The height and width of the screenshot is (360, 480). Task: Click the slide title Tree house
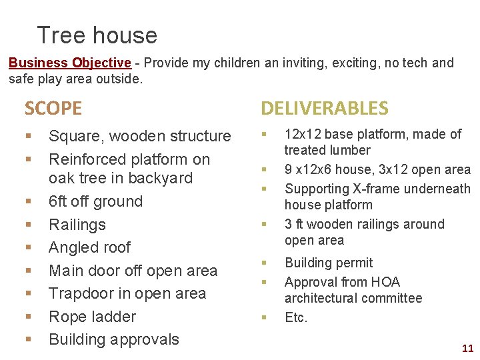(x=97, y=35)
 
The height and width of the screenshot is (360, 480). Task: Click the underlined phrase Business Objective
(x=69, y=63)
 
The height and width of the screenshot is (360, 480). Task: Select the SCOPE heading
(x=53, y=108)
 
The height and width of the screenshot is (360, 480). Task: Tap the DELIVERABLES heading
(x=324, y=108)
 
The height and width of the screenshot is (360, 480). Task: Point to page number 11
(x=467, y=348)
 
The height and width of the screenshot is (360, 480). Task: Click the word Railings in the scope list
(x=77, y=225)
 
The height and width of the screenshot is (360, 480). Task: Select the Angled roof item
(x=90, y=247)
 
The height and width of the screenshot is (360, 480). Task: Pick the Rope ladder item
(x=93, y=317)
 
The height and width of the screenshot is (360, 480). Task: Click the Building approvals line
(x=114, y=339)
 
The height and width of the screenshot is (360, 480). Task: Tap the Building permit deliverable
(x=329, y=263)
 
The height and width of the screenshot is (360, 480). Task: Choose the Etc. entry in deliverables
(x=296, y=317)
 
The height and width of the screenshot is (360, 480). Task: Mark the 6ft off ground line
(x=96, y=201)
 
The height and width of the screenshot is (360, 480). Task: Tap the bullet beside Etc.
(x=264, y=317)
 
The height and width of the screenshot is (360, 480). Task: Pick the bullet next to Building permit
(x=264, y=263)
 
